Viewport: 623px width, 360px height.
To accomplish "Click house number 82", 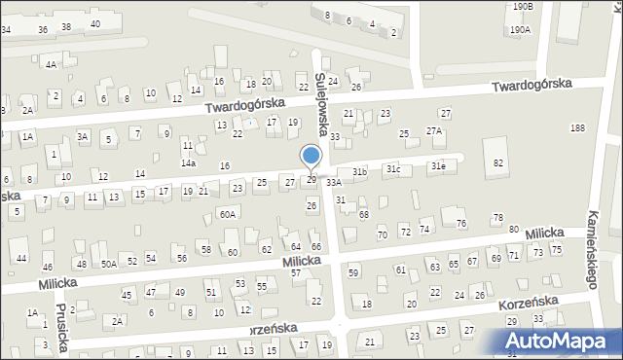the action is (498, 162).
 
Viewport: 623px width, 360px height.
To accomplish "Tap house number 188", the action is (577, 128).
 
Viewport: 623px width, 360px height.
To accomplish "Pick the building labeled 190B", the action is (524, 7).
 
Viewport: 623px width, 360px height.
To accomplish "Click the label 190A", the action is (520, 30).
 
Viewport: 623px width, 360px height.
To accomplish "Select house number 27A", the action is (434, 131).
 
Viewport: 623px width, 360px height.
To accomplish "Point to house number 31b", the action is (360, 171).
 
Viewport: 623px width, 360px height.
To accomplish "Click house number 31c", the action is (392, 169).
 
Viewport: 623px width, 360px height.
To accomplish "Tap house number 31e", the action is (439, 166).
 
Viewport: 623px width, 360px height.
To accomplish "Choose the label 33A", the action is (334, 182).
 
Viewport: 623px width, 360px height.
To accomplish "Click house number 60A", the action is (227, 213).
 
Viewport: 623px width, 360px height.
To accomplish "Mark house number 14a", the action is (188, 163).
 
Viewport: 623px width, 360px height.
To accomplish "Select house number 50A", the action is (109, 264).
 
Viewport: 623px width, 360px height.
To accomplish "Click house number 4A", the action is (50, 64).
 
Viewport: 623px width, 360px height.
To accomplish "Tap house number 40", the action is (94, 23).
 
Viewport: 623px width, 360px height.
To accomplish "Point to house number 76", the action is (461, 224).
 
